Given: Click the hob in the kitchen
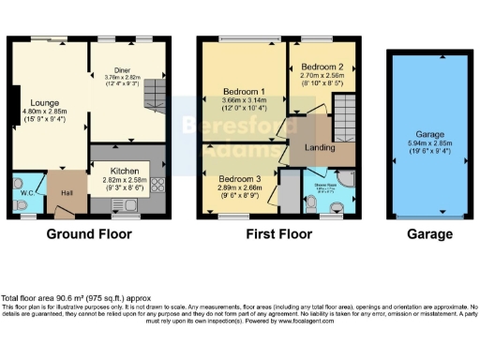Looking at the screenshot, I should [x=156, y=186].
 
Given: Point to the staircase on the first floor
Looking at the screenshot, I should [x=346, y=117].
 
